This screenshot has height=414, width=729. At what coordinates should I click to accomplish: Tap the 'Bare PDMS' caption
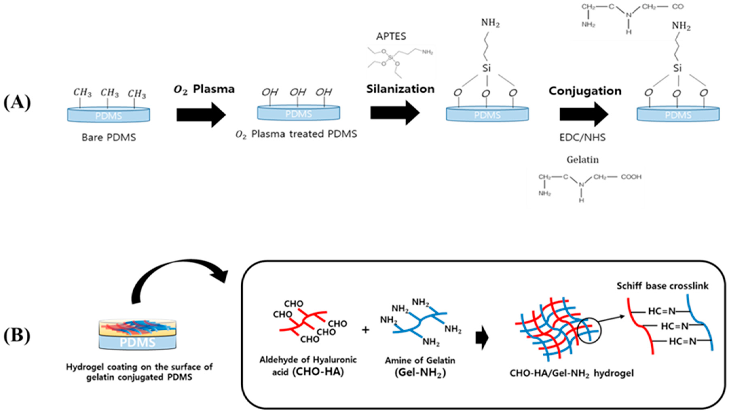coord(109,138)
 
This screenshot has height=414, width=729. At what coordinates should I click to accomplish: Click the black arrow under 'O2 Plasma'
coord(201,115)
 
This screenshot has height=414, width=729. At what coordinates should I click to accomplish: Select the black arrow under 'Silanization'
coord(395,113)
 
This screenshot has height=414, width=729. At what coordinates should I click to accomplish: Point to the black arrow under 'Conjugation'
coord(584,114)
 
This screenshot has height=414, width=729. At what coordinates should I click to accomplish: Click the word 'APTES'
coord(391,36)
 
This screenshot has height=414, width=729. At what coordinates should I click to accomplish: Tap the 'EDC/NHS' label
coord(583,138)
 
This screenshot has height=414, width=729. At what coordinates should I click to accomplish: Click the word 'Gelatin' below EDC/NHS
coord(583,160)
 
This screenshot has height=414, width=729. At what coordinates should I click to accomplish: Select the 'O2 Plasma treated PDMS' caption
coord(296,134)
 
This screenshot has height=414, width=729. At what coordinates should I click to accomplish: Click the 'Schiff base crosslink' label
coord(662,286)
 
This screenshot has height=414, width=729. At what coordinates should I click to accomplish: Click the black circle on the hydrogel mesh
coord(589,330)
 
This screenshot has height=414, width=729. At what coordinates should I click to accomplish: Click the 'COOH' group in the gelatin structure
coord(631,177)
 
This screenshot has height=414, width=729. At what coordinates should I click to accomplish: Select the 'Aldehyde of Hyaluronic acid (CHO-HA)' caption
coord(308,366)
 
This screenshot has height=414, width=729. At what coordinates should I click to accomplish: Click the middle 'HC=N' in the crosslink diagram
coord(674,326)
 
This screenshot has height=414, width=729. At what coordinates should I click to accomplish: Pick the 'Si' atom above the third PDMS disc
coord(487,68)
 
